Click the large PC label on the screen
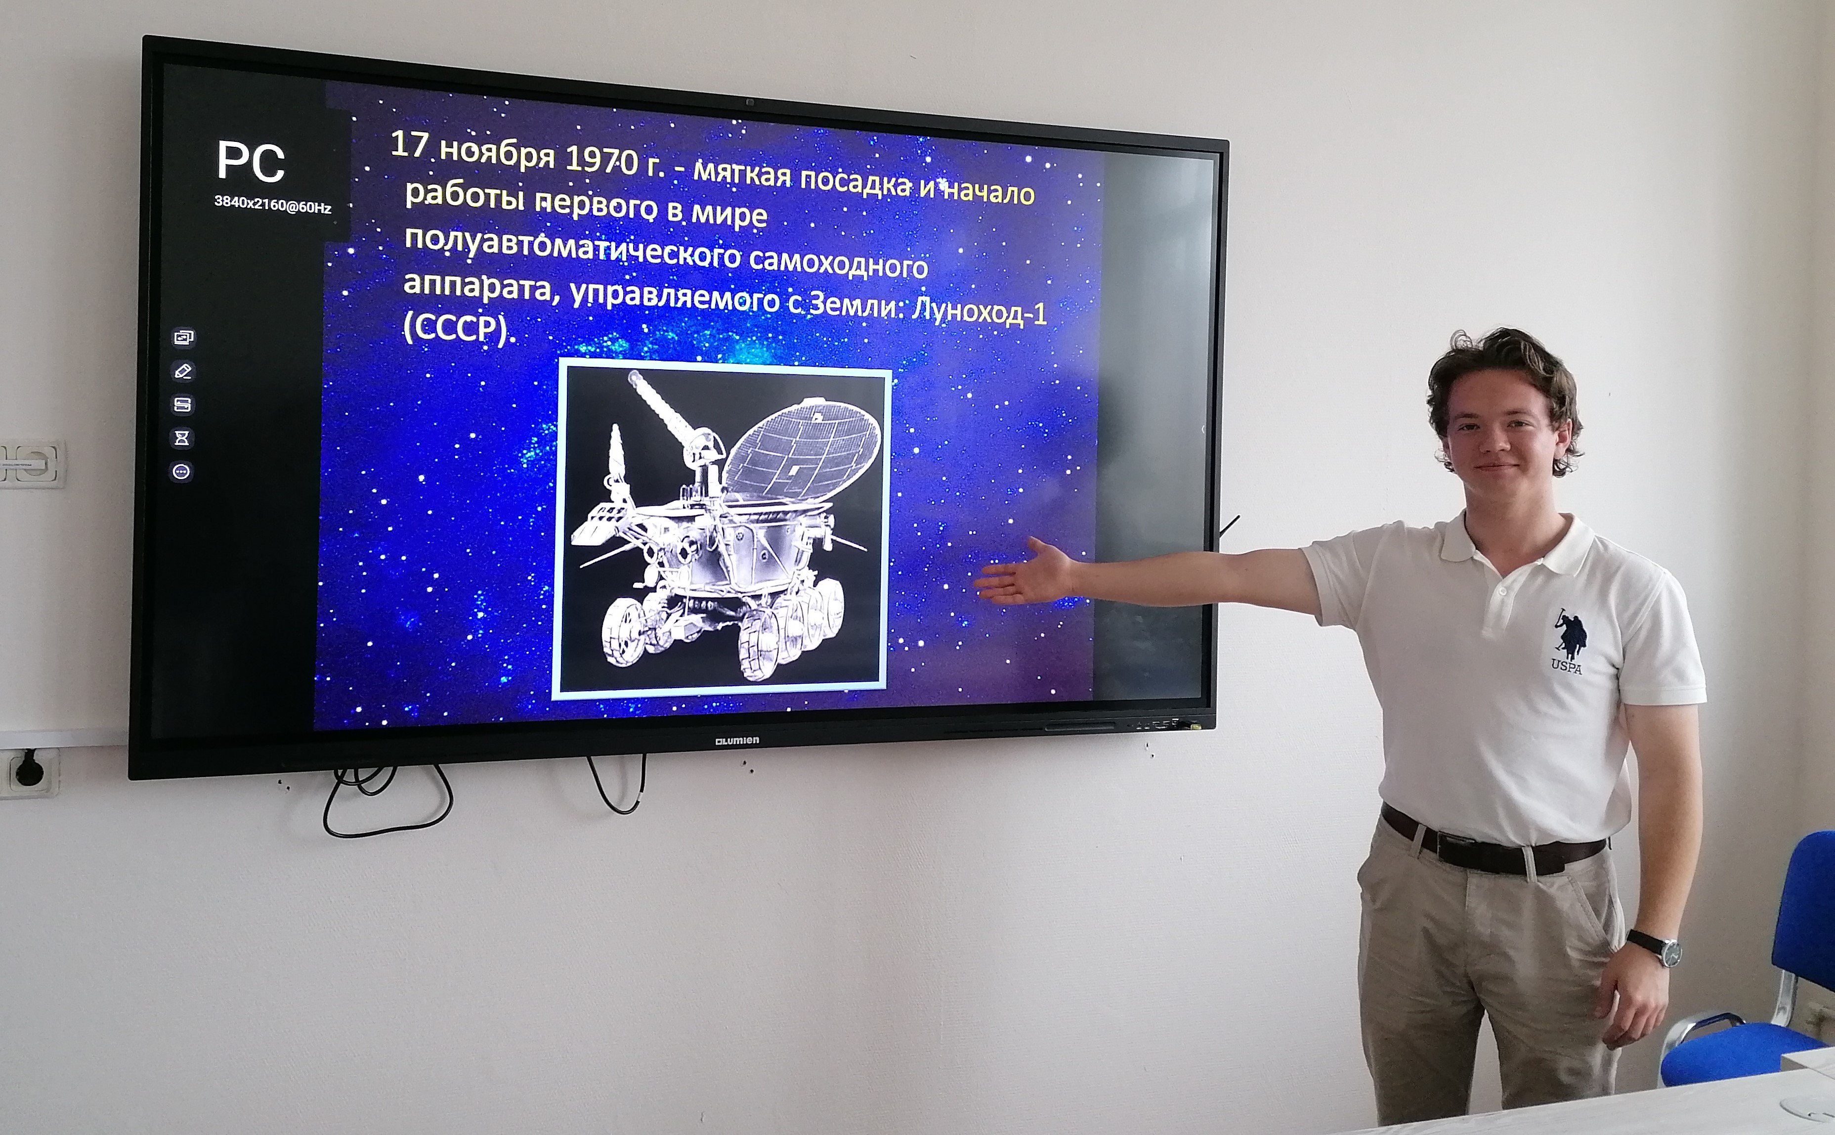(251, 162)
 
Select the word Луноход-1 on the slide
(978, 312)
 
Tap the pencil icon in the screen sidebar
(182, 371)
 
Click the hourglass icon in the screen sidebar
(182, 437)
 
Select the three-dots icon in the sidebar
(182, 472)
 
